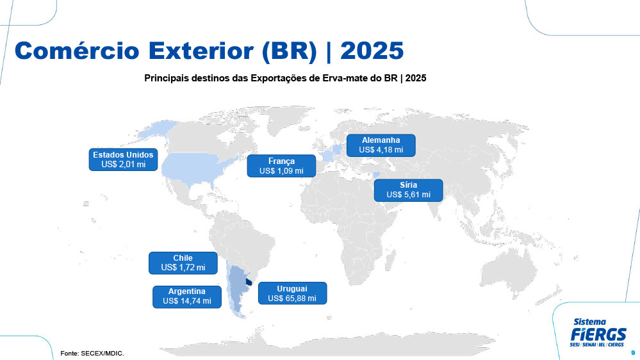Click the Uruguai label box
click(292, 293)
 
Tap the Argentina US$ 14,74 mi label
click(187, 297)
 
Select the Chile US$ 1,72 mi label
click(183, 263)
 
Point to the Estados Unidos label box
click(123, 160)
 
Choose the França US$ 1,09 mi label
click(281, 166)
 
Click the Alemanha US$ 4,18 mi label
click(381, 145)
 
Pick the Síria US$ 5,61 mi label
click(408, 190)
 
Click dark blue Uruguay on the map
click(249, 282)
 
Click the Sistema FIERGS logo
click(598, 332)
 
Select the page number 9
click(633, 353)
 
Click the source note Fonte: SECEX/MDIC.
click(92, 353)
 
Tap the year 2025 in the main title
click(372, 51)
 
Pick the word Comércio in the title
click(77, 51)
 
